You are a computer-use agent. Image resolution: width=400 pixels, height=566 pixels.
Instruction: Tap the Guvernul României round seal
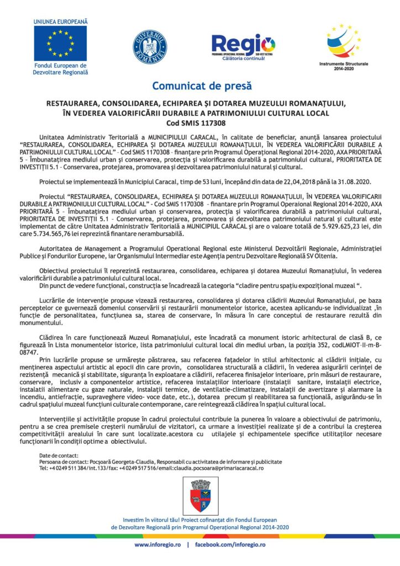coord(149,46)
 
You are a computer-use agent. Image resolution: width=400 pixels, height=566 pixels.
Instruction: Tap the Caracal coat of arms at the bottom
coord(199,495)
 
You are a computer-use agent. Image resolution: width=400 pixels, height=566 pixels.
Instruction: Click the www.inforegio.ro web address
coord(157,544)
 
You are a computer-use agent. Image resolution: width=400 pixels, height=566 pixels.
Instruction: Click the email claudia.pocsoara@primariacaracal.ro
coord(222,468)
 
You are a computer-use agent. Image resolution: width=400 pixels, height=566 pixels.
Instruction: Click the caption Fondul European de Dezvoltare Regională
coord(60,69)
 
